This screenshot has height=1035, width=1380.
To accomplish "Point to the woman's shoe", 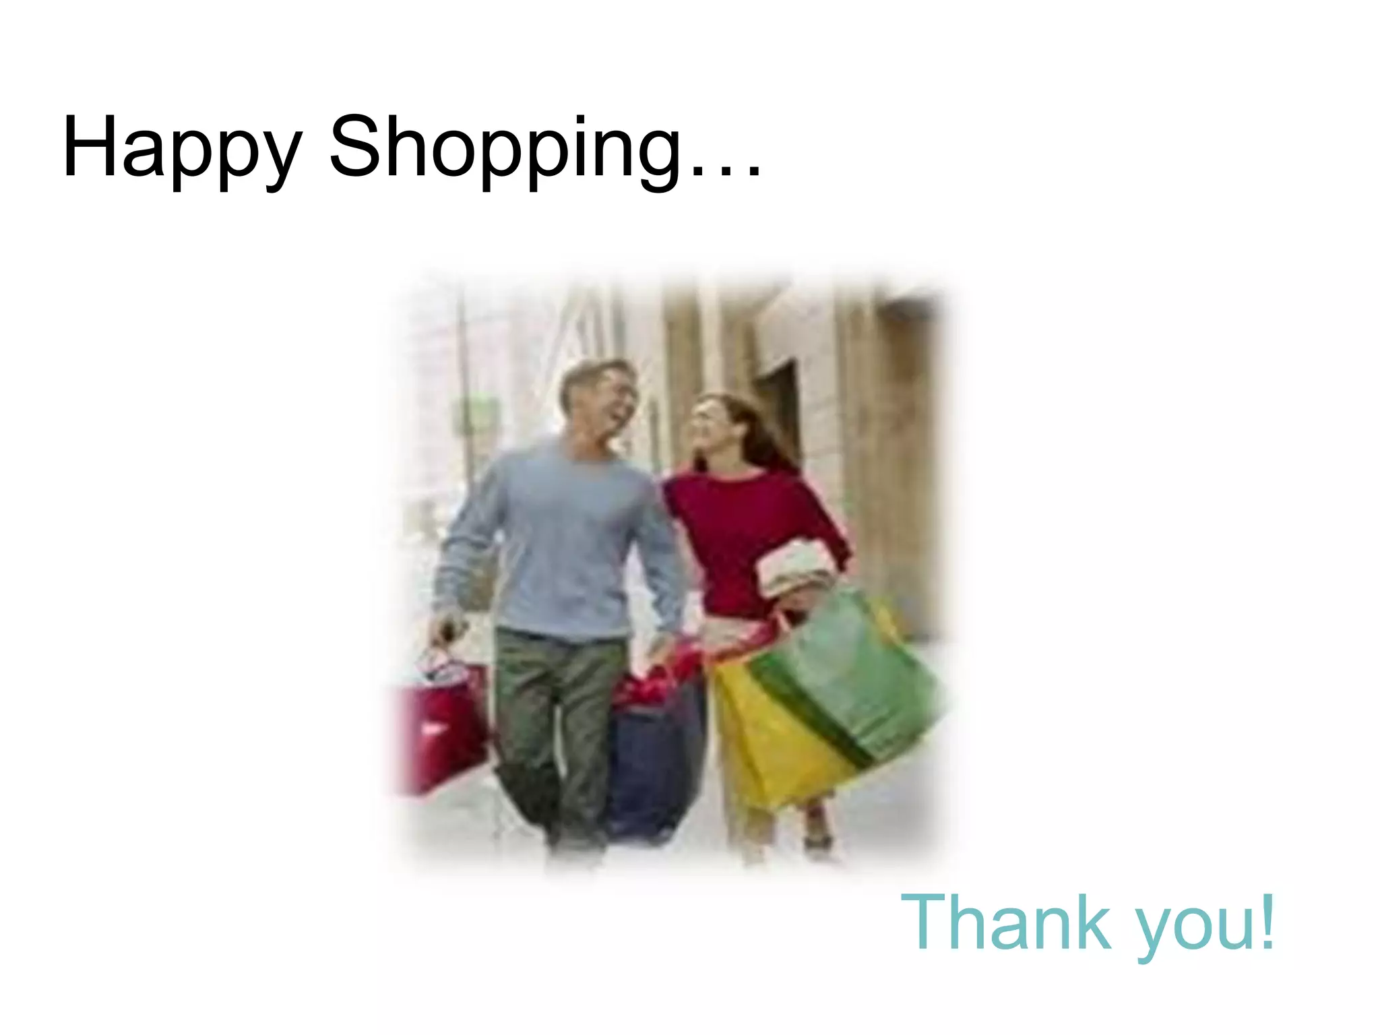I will point(817,842).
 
